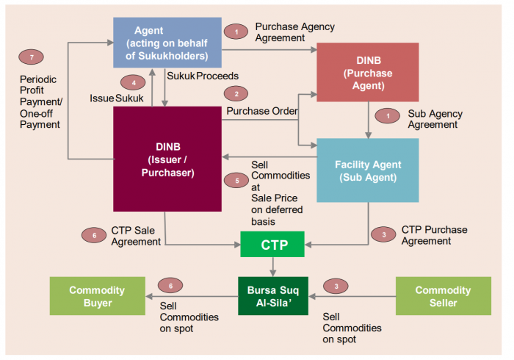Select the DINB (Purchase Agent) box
coord(367,71)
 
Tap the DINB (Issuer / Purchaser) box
coord(167,159)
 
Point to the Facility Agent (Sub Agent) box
coord(367,170)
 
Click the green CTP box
coord(272,244)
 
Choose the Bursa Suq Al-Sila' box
coord(273,295)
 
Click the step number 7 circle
coord(30,57)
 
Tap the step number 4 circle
coord(133,82)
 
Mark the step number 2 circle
coord(236,94)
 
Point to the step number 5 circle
coord(236,179)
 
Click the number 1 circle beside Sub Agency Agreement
coord(383,116)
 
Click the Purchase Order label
coord(261,111)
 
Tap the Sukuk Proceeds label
coord(202,76)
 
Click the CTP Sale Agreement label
coord(136,236)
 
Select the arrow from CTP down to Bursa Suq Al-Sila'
coord(272,266)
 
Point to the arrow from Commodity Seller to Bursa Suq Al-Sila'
coord(352,297)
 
